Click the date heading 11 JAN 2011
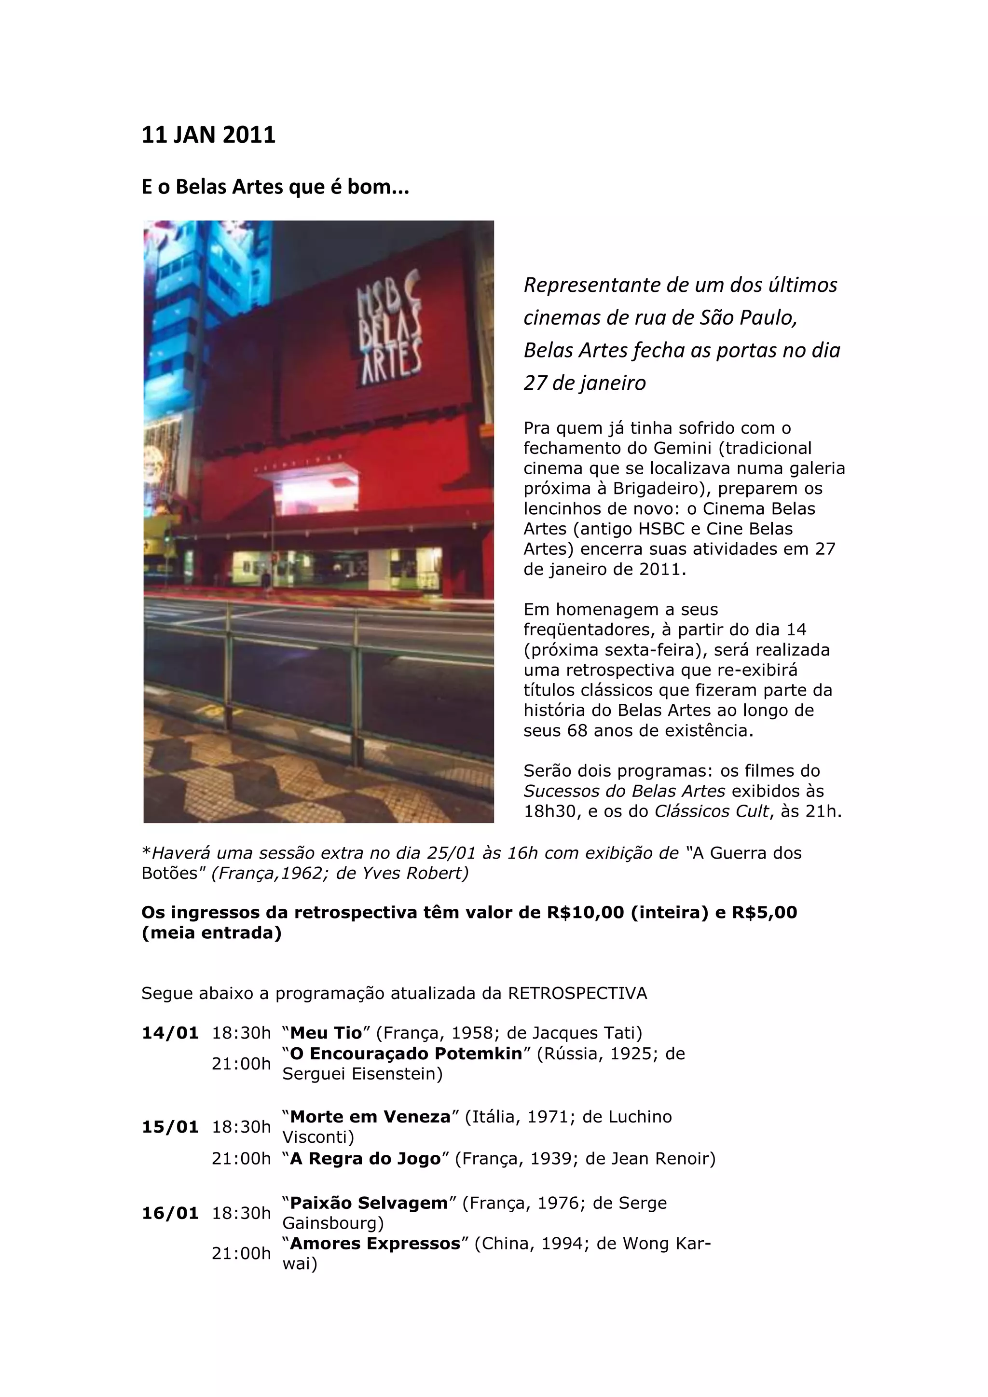(208, 135)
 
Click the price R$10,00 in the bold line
(585, 913)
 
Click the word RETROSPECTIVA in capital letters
(577, 994)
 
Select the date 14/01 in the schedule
(170, 1033)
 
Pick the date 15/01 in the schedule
(170, 1127)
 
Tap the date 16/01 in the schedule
(170, 1213)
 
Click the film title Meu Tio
(326, 1033)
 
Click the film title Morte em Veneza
(370, 1117)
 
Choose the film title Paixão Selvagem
(369, 1204)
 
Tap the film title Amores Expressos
(375, 1244)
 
